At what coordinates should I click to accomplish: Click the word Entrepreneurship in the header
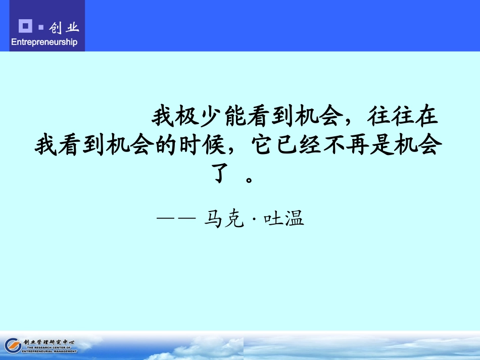click(x=44, y=42)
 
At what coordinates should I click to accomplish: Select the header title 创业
click(x=64, y=27)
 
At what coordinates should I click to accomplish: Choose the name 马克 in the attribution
click(x=224, y=219)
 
